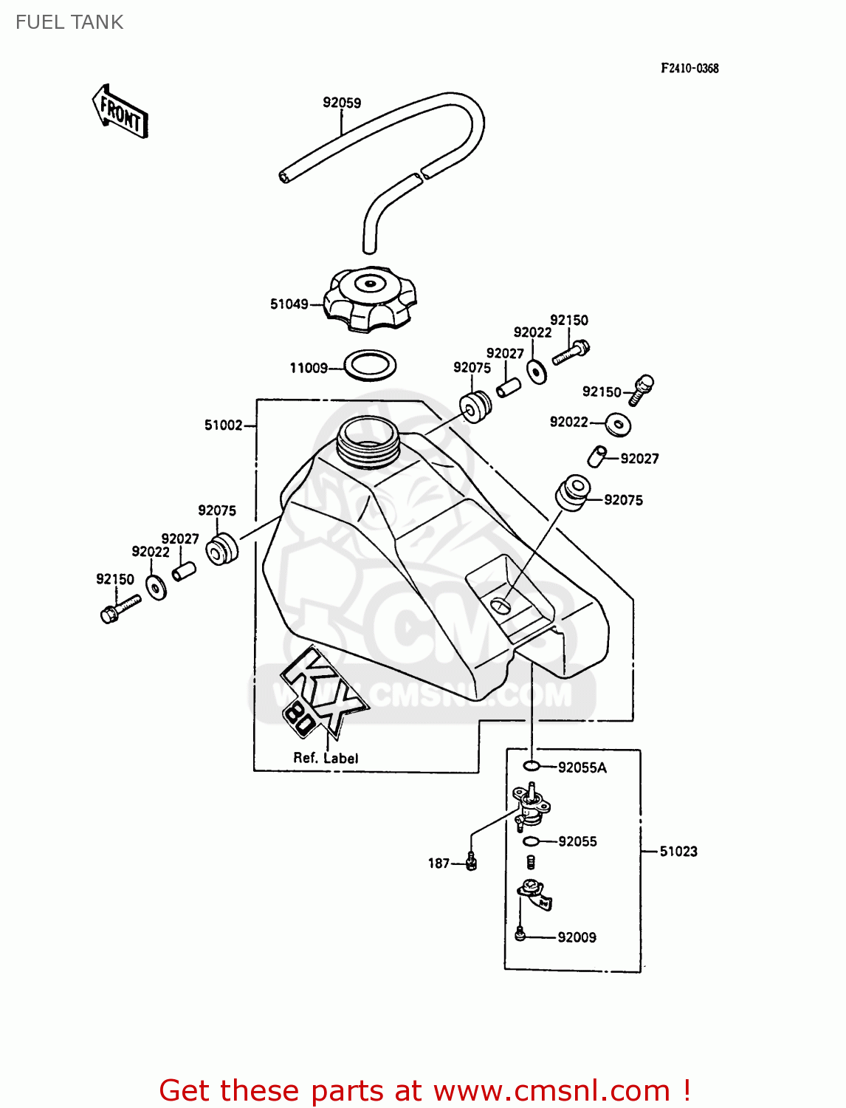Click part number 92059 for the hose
pos(342,103)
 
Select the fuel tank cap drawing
pos(372,298)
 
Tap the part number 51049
pos(289,304)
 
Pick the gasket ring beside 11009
pos(371,365)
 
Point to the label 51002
pos(223,425)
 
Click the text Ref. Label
pos(326,758)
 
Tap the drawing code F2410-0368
pos(689,68)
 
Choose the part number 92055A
pos(582,767)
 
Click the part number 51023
pos(678,851)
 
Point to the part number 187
pos(439,863)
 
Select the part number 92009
pos(577,937)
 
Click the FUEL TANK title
pos(69,22)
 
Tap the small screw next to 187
pos(471,861)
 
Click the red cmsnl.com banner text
pos(424,1090)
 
